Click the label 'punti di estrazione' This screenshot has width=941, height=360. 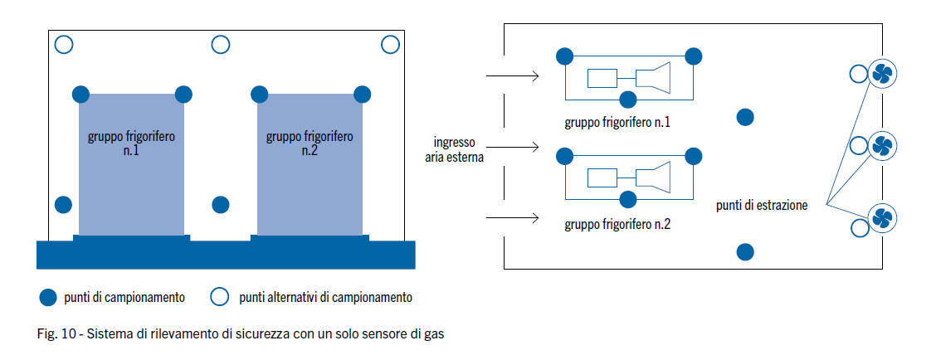click(x=761, y=205)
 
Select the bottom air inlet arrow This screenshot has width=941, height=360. click(x=512, y=219)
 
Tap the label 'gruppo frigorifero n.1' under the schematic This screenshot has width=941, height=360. click(x=617, y=123)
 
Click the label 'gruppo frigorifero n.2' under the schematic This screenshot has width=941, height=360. click(x=617, y=225)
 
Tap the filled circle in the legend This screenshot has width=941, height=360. click(x=48, y=297)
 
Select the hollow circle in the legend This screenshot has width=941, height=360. click(x=220, y=297)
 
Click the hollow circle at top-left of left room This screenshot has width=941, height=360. click(x=64, y=45)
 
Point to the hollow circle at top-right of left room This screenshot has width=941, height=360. click(x=390, y=45)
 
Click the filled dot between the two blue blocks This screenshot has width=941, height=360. click(x=221, y=204)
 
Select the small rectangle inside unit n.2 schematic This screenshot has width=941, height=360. click(x=602, y=178)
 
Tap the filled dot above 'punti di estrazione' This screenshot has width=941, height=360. click(x=745, y=118)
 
